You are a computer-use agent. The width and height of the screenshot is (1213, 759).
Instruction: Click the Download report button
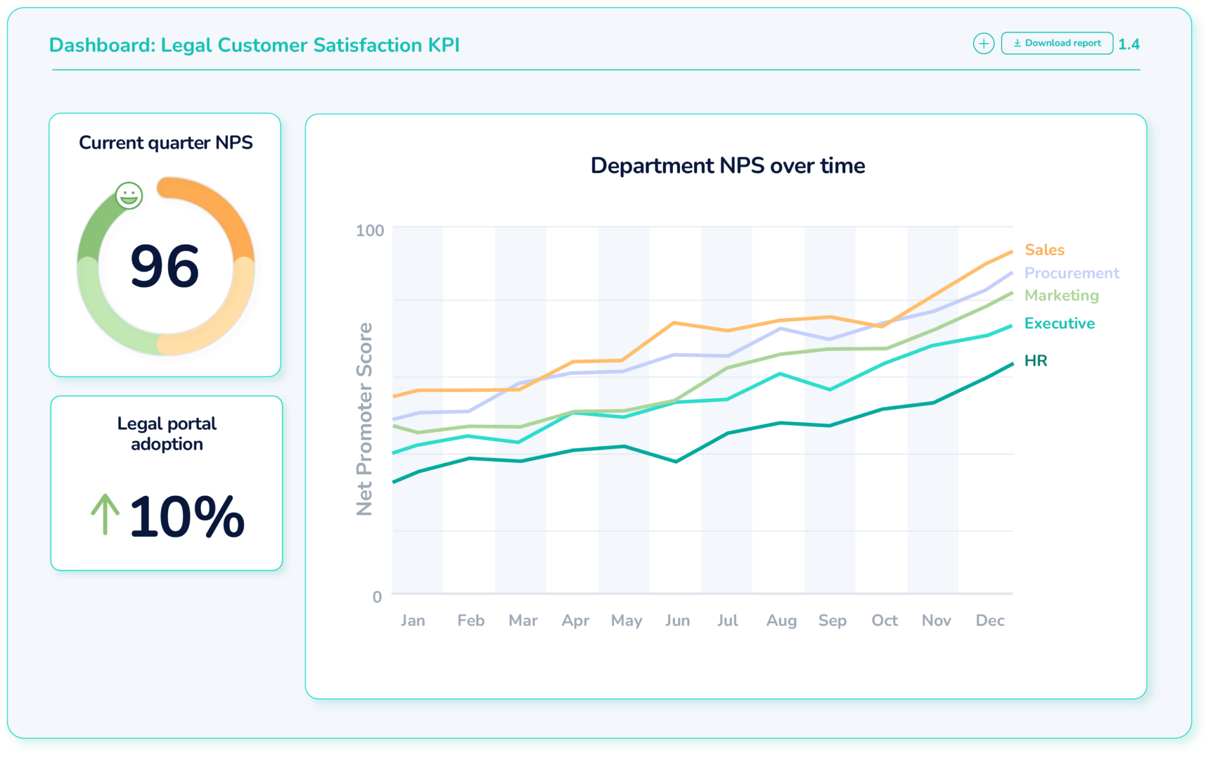[1057, 43]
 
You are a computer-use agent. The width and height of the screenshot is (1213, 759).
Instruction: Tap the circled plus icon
[983, 43]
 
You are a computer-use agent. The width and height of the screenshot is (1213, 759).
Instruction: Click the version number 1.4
[1129, 44]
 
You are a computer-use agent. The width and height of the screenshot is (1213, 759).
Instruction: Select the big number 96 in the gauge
[165, 267]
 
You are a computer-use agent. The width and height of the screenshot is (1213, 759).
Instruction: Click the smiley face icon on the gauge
[129, 196]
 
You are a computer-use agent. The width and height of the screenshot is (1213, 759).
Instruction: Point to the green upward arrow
[105, 514]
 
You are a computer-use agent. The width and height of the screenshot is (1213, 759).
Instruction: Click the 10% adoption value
[187, 517]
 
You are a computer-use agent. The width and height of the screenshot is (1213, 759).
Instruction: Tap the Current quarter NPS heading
[166, 143]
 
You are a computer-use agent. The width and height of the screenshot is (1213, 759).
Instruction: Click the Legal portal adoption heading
[166, 434]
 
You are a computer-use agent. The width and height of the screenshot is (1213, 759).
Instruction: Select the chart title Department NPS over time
[727, 166]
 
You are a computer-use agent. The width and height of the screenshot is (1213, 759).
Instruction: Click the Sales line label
[1044, 250]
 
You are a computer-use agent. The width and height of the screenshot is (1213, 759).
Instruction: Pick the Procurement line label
[1071, 273]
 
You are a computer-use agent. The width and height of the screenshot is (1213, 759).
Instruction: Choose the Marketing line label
[1061, 295]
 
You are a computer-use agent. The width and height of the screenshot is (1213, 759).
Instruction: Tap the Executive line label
[1060, 324]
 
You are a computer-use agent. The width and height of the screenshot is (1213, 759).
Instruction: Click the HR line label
[1036, 361]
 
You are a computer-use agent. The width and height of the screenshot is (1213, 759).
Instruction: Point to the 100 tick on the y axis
[370, 230]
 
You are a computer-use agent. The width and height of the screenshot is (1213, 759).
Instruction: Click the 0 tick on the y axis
[377, 597]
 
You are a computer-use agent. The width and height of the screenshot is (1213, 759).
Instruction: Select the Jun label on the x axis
[677, 620]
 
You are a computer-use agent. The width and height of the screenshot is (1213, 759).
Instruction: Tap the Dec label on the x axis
[990, 620]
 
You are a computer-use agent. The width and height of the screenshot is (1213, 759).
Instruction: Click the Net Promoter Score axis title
[364, 419]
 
